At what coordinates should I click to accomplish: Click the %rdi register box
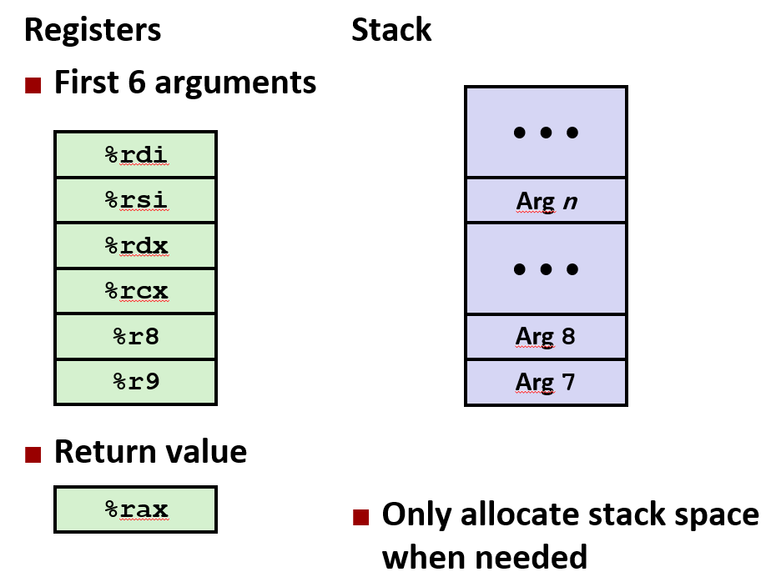point(136,154)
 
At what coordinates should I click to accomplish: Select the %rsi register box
point(136,200)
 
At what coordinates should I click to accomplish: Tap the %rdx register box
point(136,246)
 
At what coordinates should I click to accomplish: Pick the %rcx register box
point(136,291)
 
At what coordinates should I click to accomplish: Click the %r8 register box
point(136,337)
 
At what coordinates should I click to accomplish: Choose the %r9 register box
point(136,382)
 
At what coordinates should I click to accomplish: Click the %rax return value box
point(136,509)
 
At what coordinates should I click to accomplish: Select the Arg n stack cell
point(546,201)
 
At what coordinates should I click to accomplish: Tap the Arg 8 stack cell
point(546,337)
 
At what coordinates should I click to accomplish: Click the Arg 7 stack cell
point(546,383)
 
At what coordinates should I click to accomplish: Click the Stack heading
point(391,30)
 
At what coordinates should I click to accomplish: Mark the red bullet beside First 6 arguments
point(33,85)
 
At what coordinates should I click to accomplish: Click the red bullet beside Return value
point(33,454)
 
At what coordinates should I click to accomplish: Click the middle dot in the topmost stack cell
point(546,133)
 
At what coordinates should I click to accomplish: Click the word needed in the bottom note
point(534,556)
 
